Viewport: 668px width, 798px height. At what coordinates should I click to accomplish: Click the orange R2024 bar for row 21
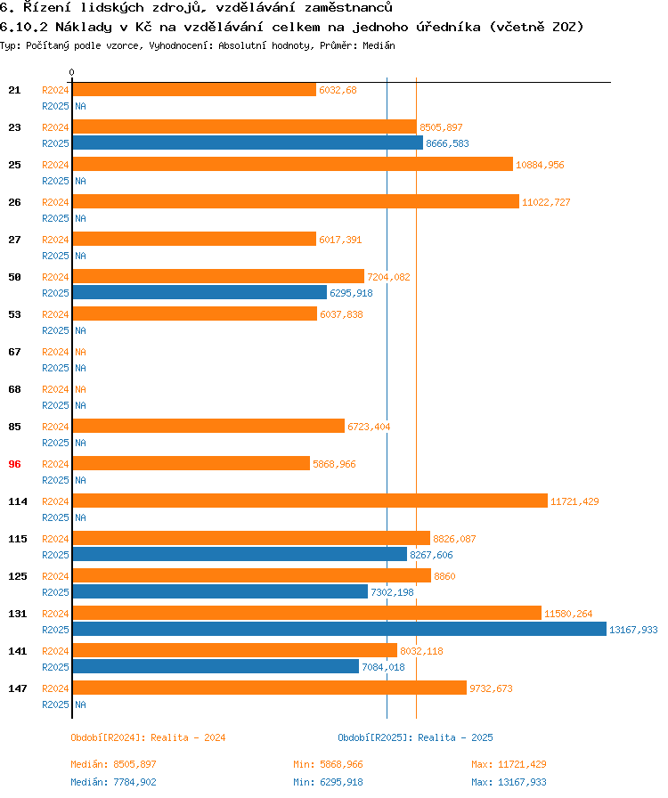194,90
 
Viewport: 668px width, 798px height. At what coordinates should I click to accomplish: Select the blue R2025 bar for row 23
248,142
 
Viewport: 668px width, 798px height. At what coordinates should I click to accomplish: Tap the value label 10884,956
540,165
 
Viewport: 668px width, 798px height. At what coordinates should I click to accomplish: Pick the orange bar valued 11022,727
295,202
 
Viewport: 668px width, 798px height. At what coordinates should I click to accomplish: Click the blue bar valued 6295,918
200,292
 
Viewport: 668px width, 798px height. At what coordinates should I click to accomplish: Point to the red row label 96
14,464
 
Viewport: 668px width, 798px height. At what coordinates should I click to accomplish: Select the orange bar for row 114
309,501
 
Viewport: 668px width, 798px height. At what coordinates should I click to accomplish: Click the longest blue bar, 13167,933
338,629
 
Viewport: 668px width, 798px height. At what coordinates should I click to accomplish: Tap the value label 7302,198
392,592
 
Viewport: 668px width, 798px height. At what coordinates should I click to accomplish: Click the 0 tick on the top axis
72,72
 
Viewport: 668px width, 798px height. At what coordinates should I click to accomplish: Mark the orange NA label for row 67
81,352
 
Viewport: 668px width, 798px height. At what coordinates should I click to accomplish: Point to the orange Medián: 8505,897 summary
113,764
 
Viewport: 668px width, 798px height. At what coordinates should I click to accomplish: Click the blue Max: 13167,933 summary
509,782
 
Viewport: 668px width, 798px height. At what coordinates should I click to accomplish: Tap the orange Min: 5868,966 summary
328,764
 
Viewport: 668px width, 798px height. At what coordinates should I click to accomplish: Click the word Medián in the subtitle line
378,45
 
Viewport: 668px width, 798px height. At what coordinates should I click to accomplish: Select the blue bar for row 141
215,666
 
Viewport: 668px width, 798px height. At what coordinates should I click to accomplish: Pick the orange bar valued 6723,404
208,427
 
